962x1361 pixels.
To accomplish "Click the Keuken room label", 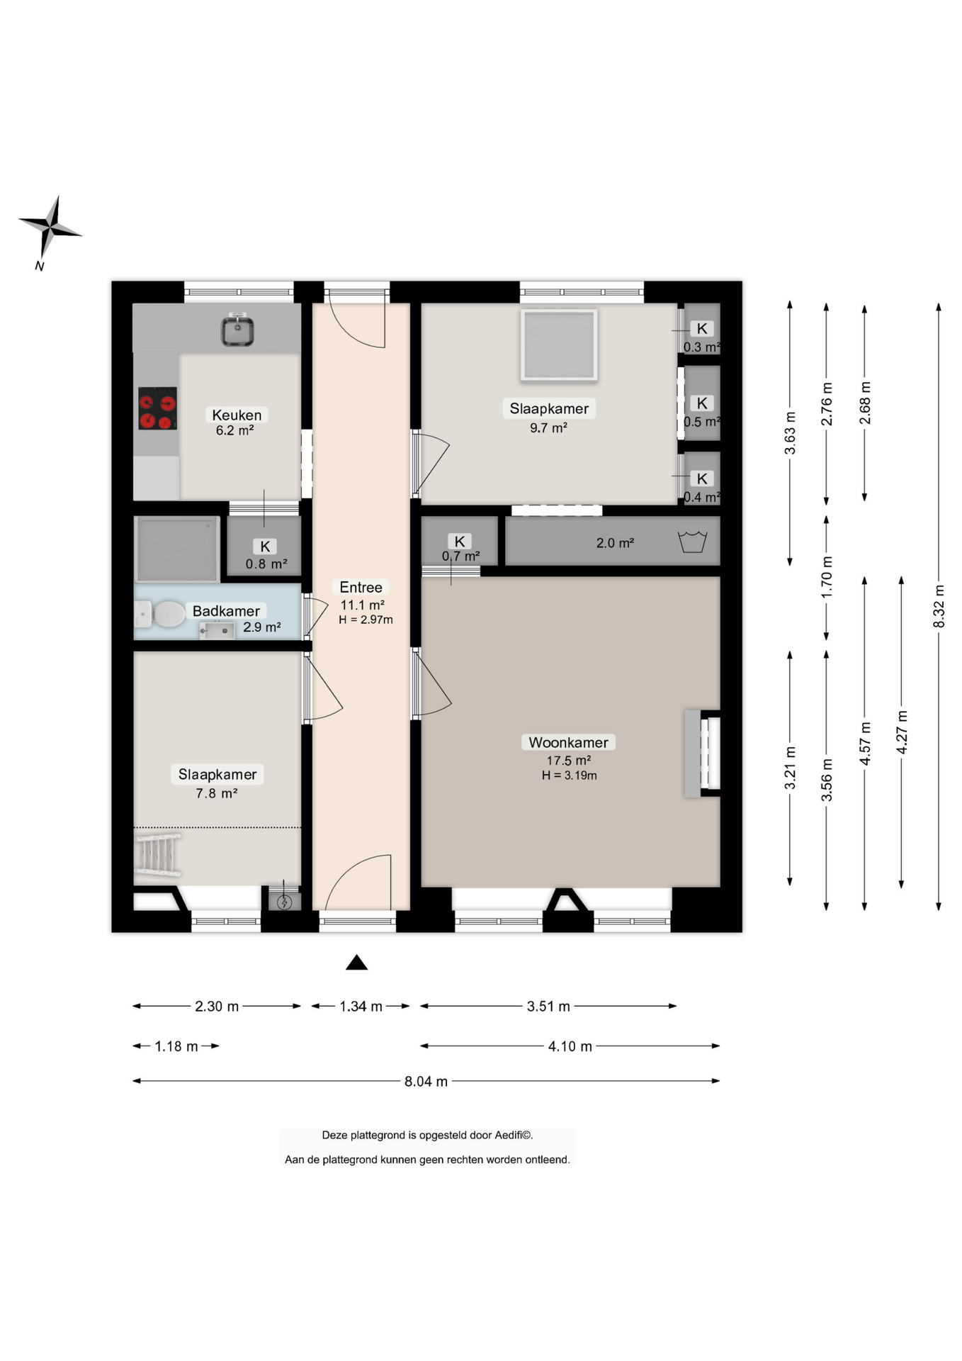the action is pos(237,415).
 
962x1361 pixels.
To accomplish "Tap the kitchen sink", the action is pos(237,330).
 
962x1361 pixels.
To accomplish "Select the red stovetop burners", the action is pos(157,408).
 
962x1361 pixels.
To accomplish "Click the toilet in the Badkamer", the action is pos(161,614).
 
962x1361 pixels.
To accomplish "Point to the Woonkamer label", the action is pos(568,742).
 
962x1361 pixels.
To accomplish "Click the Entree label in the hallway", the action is pos(361,587).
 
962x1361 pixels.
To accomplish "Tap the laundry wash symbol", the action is pos(692,542).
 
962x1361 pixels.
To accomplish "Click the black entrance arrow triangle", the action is pos(356,962).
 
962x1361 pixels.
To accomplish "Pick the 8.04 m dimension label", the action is pos(426,1081).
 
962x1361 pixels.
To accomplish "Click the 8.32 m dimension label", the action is pos(939,606).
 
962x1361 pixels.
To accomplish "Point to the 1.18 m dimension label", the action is pos(176,1046).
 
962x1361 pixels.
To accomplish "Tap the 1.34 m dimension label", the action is pos(361,1007).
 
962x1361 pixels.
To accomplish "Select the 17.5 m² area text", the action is pos(568,760).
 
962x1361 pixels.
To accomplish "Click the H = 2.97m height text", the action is pos(366,620).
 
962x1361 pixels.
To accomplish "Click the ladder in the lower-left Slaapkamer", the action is pos(157,855).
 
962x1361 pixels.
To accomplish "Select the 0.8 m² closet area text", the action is pos(266,564).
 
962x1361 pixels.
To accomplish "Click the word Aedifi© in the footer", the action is pos(514,1135).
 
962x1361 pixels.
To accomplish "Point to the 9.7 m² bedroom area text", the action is pos(548,427).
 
